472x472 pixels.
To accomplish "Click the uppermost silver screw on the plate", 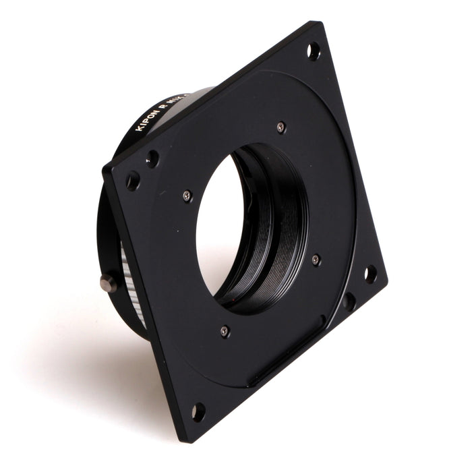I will (281, 126).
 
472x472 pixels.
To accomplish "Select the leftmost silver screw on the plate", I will (187, 196).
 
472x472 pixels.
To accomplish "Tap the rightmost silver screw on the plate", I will (316, 259).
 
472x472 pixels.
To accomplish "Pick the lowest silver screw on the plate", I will (225, 330).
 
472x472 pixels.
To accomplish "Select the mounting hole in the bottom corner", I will (198, 411).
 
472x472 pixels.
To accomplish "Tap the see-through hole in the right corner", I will (370, 273).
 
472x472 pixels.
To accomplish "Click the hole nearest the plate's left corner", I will (133, 181).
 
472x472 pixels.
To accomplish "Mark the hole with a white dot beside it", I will (153, 159).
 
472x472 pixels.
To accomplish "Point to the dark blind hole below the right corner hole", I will (349, 300).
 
